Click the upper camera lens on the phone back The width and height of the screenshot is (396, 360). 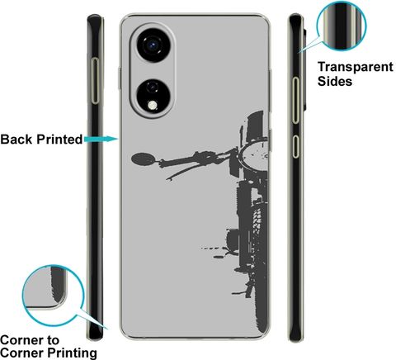click(153, 45)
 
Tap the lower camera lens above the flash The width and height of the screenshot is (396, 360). click(152, 88)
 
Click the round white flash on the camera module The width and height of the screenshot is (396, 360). click(152, 105)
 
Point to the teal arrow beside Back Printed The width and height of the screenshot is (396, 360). click(101, 139)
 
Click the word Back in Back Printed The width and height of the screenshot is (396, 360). click(16, 139)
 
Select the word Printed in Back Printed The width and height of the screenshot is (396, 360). click(59, 139)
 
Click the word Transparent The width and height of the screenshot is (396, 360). click(356, 67)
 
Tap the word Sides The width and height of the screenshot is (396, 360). click(335, 82)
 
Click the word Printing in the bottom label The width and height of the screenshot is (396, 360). click(73, 353)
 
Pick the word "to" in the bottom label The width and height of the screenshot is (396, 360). click(53, 340)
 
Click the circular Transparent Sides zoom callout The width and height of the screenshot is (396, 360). click(342, 26)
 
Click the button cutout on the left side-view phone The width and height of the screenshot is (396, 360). click(95, 81)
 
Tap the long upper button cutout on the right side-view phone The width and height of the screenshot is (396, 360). click(295, 100)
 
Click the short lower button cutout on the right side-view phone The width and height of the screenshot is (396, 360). click(295, 146)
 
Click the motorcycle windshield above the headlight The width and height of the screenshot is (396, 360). click(255, 126)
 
